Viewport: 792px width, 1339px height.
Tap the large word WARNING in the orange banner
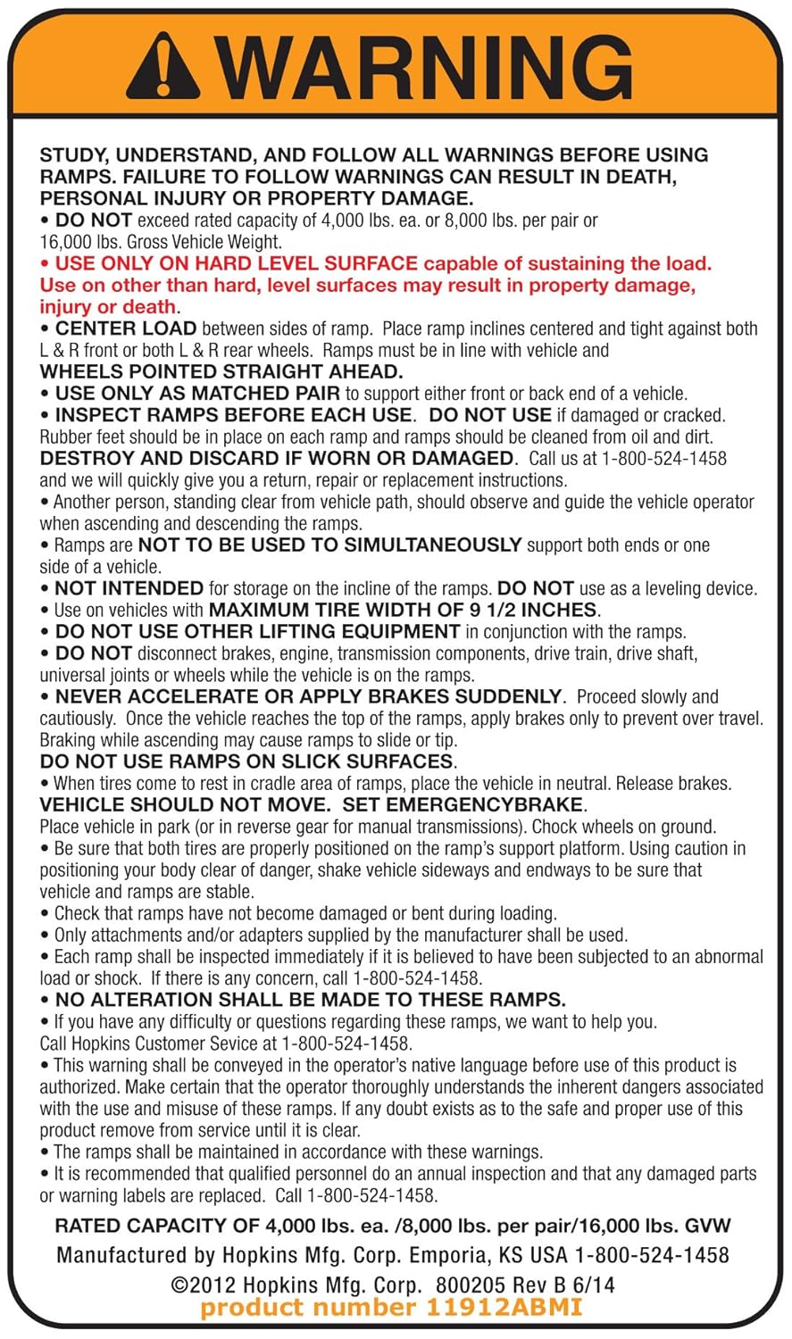[423, 68]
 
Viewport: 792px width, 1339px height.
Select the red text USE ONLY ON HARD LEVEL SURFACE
[237, 263]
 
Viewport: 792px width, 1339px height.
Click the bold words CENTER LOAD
[126, 329]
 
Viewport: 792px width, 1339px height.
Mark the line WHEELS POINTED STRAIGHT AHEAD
[221, 371]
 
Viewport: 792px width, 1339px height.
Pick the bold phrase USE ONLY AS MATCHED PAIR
[197, 394]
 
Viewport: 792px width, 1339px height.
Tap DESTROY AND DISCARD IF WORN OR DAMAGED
[277, 458]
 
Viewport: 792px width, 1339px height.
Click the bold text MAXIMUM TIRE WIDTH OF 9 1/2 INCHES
[403, 611]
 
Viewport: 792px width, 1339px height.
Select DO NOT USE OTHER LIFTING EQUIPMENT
[257, 632]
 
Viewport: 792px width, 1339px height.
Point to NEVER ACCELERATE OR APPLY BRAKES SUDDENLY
[309, 696]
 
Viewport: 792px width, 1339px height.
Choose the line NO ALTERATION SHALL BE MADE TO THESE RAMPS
[310, 1000]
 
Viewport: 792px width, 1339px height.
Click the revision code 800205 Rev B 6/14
[525, 1285]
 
